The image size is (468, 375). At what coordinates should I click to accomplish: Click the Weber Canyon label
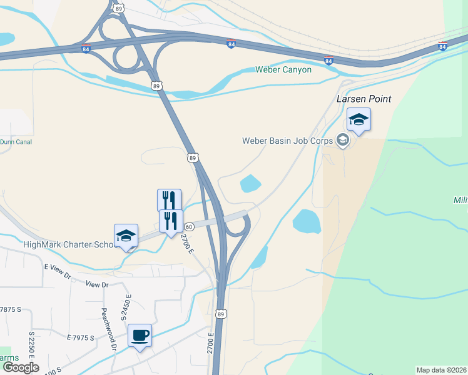[x=283, y=69]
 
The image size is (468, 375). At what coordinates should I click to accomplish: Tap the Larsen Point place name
[x=364, y=99]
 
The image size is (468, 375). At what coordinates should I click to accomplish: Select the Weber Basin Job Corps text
[x=288, y=140]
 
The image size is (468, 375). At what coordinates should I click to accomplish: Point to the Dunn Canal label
[x=16, y=142]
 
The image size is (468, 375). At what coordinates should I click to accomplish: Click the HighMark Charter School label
[x=69, y=244]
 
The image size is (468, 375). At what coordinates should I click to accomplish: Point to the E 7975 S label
[x=80, y=337]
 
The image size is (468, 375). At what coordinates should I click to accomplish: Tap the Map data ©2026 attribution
[x=441, y=370]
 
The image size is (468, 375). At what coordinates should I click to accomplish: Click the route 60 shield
[x=188, y=226]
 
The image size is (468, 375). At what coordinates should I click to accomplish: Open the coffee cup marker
[x=140, y=335]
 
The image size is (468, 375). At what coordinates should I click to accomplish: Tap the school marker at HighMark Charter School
[x=126, y=235]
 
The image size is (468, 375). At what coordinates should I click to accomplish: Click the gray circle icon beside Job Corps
[x=342, y=140]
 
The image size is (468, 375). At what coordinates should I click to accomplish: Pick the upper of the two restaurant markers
[x=169, y=200]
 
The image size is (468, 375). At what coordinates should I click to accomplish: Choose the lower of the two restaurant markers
[x=170, y=221]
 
